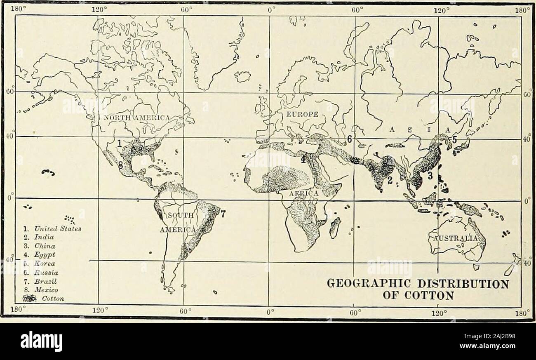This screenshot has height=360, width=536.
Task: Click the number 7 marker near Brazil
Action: click(223, 214)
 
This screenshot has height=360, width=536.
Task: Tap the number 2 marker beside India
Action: click(389, 180)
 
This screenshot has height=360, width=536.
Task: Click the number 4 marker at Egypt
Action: click(303, 159)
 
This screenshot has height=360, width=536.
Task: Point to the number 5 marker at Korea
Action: click(454, 140)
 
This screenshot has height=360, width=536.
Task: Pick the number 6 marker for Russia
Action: click(349, 140)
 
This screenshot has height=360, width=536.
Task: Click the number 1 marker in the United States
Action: click(119, 144)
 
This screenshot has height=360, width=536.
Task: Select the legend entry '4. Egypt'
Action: click(35, 255)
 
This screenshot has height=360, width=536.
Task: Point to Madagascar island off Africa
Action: click(335, 228)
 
